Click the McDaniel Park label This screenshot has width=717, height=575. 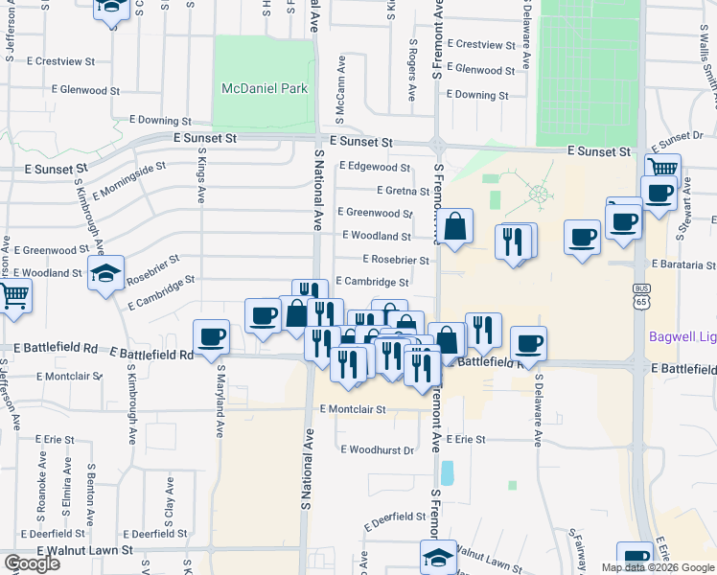264,88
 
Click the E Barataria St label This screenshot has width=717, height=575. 683,264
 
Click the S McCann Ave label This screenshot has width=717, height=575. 340,89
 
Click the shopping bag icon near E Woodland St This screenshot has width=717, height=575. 457,227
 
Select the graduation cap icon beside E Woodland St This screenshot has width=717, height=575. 106,273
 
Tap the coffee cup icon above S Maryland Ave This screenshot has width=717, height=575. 212,336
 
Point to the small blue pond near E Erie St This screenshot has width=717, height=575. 448,472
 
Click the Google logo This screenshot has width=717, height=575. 32,563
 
